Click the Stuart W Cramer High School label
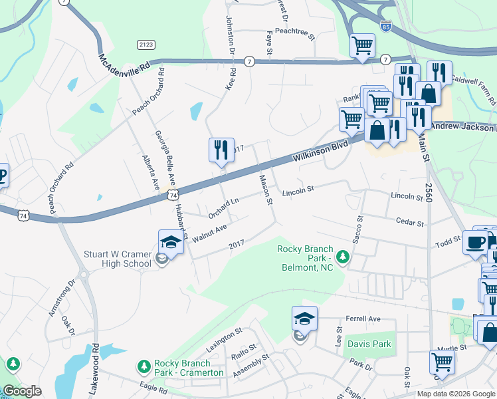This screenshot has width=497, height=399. [x=118, y=259]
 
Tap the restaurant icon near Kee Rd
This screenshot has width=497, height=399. [x=222, y=150]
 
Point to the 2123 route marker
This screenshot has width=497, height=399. [x=146, y=45]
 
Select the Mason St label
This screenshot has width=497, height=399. [x=266, y=189]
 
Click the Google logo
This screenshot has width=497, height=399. [x=22, y=391]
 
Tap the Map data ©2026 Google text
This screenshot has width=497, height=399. [x=455, y=394]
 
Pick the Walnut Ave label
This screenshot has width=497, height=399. [x=209, y=233]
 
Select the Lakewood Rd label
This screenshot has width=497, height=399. [x=96, y=362]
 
